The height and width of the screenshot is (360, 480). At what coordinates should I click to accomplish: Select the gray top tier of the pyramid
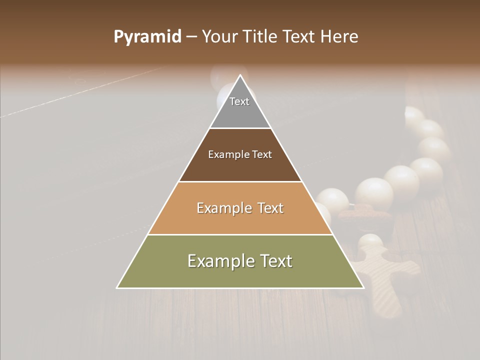(240, 112)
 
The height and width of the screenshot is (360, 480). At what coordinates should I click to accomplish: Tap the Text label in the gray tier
(239, 101)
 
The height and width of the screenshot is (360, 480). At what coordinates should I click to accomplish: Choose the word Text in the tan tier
(270, 208)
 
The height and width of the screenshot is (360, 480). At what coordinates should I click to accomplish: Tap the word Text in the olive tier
(275, 261)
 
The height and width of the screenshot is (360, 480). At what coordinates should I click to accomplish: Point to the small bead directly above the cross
(371, 242)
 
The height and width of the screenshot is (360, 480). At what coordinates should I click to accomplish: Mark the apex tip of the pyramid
(240, 76)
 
